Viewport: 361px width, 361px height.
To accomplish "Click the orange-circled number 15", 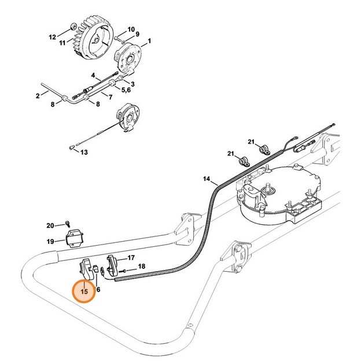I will [x=85, y=291].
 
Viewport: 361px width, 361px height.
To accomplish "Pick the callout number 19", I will [x=50, y=241].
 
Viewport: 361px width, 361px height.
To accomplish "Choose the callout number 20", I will [x=50, y=225].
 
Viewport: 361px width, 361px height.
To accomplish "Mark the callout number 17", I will [x=131, y=257].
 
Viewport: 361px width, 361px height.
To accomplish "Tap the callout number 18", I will [x=142, y=267].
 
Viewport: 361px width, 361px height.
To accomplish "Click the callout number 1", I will [x=149, y=41].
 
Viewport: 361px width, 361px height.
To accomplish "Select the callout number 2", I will [x=38, y=95].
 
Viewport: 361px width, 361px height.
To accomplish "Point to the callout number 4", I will [x=93, y=75].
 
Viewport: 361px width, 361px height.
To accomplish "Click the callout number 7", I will [x=110, y=96].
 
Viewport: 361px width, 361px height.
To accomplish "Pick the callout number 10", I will [x=131, y=28].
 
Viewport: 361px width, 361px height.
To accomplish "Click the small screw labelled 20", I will [x=68, y=223].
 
